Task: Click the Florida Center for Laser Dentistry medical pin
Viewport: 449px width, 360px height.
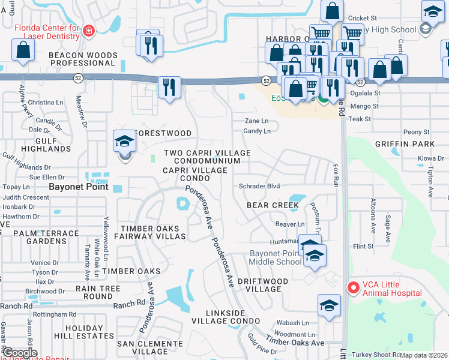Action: tap(89, 31)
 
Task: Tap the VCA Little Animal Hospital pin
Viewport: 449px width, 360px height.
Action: tap(353, 288)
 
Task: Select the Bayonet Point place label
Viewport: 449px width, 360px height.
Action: tap(79, 187)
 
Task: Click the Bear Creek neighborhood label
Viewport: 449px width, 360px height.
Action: tap(273, 205)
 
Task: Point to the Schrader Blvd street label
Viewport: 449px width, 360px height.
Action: tap(259, 186)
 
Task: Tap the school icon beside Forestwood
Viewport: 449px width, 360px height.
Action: tap(125, 142)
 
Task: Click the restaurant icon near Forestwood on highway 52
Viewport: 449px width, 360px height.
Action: tap(170, 86)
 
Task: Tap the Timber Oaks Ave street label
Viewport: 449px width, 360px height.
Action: tap(295, 342)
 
